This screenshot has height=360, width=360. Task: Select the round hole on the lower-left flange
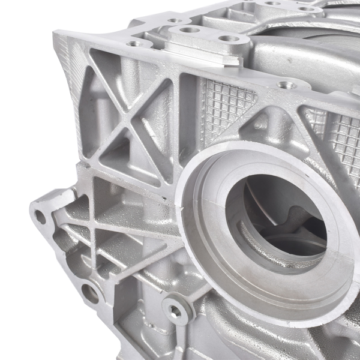tap(90, 293)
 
